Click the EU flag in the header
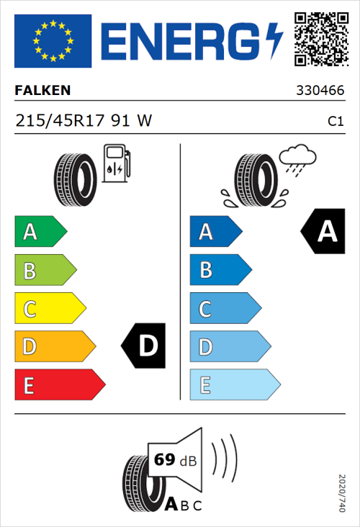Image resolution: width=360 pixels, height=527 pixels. (53, 41)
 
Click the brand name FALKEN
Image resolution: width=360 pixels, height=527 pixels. (42, 91)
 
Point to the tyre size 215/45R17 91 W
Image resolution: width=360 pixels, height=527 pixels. (84, 121)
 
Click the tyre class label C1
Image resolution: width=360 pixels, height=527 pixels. (335, 122)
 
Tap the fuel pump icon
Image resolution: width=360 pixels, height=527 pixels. (115, 163)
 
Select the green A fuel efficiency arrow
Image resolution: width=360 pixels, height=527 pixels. (40, 232)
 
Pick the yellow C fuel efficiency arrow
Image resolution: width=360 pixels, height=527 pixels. (49, 309)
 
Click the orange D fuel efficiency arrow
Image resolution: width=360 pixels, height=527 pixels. (54, 347)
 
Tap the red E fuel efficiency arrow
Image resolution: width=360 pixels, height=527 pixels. (59, 385)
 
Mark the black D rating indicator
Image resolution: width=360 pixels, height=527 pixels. (145, 346)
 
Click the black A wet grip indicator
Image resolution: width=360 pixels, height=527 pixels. (323, 232)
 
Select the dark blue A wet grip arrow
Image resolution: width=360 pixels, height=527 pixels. (215, 232)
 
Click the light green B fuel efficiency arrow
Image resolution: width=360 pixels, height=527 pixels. (45, 271)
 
